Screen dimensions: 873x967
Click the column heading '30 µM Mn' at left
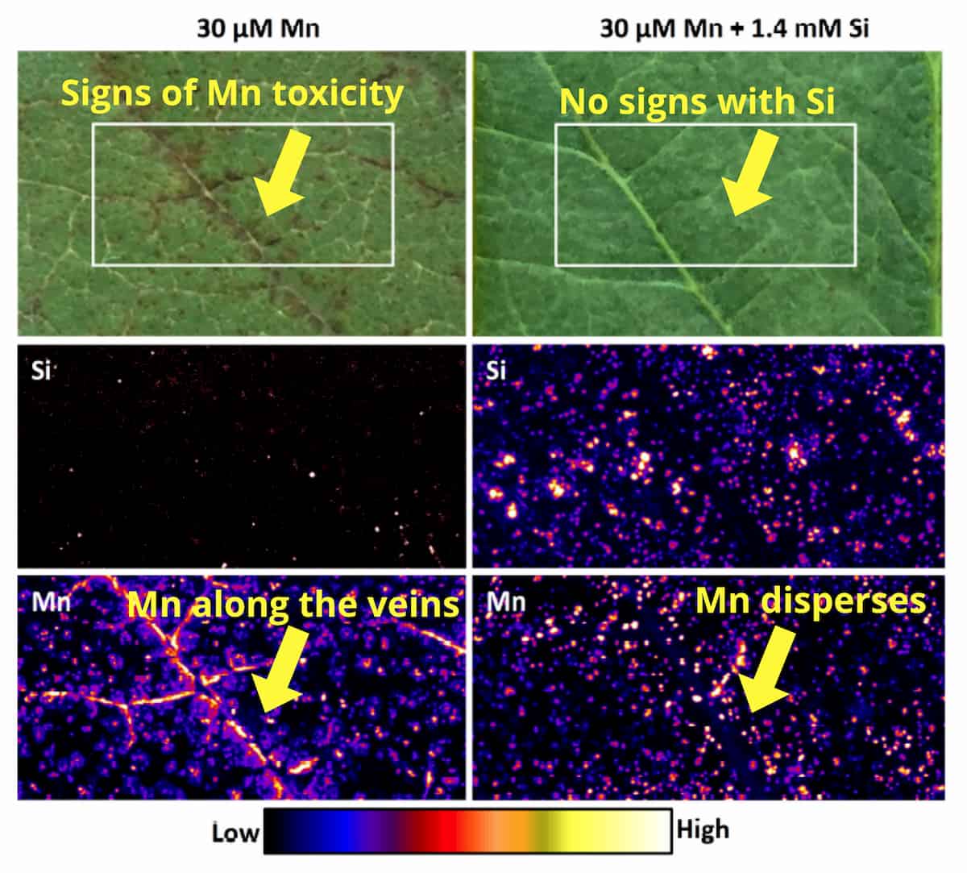click(258, 29)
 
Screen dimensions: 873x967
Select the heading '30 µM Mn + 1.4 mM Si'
click(733, 29)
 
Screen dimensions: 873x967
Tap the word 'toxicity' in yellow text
click(338, 94)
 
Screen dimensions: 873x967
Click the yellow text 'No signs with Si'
click(697, 102)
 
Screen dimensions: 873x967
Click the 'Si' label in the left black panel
click(40, 372)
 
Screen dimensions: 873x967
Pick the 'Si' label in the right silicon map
click(496, 372)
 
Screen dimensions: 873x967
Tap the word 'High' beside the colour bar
click(703, 829)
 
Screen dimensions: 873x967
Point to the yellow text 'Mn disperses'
click(810, 601)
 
